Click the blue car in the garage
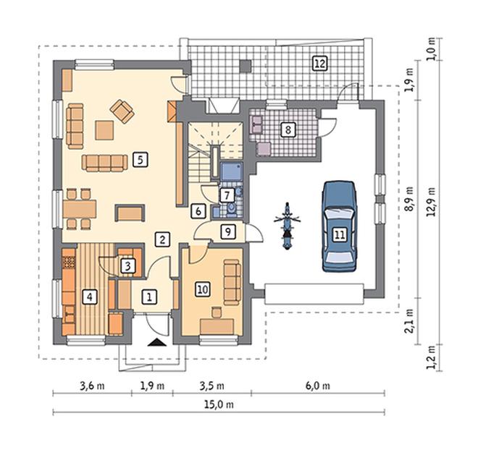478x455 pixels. pos(340,226)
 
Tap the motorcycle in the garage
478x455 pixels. pos(287,226)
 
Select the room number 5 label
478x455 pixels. pos(141,160)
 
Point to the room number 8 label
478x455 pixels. pos(288,129)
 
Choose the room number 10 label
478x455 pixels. pos(203,289)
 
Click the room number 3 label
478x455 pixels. pos(128,266)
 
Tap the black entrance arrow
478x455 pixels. pos(157,342)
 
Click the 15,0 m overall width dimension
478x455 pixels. pos(219,404)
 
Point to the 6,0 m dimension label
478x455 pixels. pos(318,386)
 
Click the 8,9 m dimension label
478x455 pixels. pos(410,199)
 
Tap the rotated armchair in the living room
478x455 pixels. pos(122,111)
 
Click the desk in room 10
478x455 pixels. pos(217,326)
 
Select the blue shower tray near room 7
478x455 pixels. pos(231,171)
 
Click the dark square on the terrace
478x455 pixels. pos(246,66)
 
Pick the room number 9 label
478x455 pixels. pos(228,231)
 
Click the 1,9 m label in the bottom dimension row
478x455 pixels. pos(152,386)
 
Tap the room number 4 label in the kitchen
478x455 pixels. pos(90,297)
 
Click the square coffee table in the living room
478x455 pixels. pos(104,130)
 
